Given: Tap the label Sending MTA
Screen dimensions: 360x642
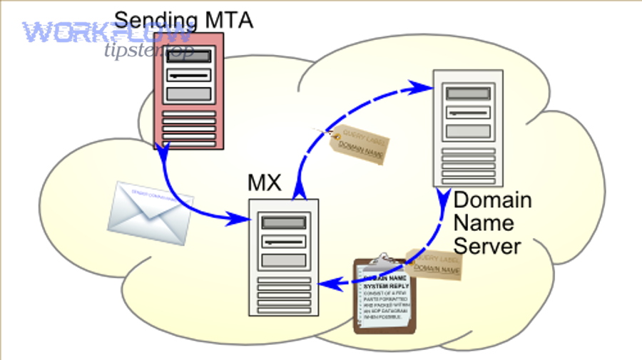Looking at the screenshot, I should point(183,19).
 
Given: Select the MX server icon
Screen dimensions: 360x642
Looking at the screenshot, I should point(284,257).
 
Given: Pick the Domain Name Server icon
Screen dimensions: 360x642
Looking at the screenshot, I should point(468,128).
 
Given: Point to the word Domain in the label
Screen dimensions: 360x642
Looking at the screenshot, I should point(493,200).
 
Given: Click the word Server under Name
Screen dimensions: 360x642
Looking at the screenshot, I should point(487,246).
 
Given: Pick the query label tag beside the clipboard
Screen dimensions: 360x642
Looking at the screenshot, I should point(435,265).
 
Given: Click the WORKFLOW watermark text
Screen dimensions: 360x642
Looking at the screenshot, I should point(107,33).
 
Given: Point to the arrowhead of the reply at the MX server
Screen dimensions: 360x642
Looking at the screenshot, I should point(323,286).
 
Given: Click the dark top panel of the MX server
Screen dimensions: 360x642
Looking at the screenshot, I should point(284,223).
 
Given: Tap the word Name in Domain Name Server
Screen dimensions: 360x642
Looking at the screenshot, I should point(484,222).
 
